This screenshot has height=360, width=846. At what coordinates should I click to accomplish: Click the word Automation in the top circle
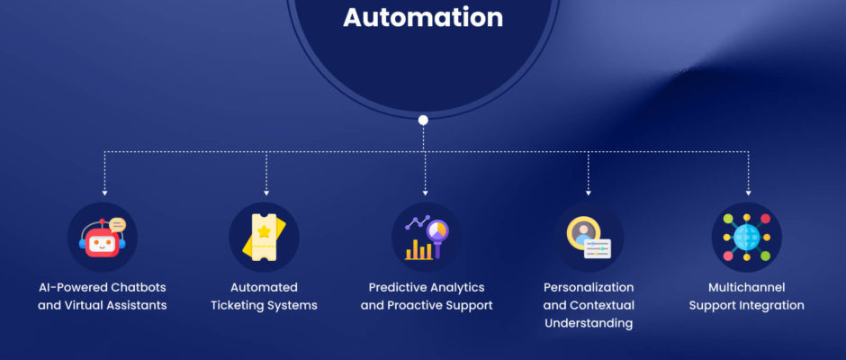[423, 17]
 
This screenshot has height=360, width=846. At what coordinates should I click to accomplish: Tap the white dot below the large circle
[423, 120]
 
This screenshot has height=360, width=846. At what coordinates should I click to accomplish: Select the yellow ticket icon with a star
[264, 238]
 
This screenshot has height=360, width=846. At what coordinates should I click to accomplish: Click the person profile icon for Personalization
[582, 231]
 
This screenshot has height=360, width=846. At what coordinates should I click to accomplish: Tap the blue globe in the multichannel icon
[747, 237]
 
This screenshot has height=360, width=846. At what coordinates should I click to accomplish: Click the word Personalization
[589, 287]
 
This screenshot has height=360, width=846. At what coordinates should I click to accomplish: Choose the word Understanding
[589, 324]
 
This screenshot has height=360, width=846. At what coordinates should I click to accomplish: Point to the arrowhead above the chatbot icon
[104, 193]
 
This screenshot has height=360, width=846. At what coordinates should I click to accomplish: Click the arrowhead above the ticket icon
[266, 193]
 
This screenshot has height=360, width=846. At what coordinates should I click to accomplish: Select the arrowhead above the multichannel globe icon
[748, 193]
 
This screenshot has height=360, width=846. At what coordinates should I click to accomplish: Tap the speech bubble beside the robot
[117, 224]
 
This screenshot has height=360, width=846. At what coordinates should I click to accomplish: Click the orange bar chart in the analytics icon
[418, 249]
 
